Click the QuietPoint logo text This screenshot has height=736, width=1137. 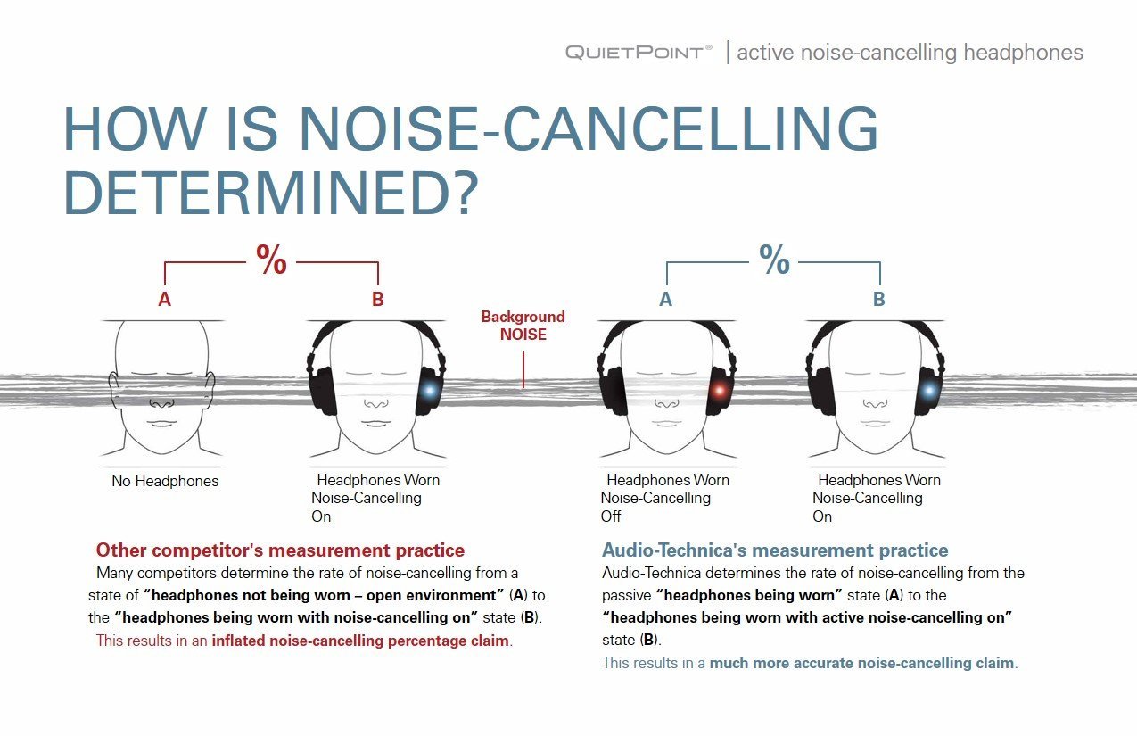point(639,53)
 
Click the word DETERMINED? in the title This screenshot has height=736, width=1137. point(271,194)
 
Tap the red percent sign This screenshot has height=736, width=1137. point(272,259)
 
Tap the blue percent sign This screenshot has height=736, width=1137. point(775,259)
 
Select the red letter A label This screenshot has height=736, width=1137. point(164,299)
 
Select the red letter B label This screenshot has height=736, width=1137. point(377,299)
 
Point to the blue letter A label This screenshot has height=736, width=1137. point(666,299)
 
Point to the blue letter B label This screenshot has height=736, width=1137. point(879,299)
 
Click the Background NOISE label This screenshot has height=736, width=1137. point(523,326)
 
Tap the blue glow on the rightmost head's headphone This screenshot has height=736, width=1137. point(930,391)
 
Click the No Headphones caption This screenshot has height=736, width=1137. point(165,481)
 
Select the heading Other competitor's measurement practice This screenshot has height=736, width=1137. point(280,550)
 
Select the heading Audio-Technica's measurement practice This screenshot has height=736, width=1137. point(775,550)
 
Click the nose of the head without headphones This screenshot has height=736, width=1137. point(162,403)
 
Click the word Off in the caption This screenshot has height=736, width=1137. point(611,517)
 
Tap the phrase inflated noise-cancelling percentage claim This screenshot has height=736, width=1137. point(360,641)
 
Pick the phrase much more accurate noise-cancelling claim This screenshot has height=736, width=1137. point(861,663)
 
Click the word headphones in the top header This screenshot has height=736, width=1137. point(1024,53)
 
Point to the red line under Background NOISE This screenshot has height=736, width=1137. point(523,369)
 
